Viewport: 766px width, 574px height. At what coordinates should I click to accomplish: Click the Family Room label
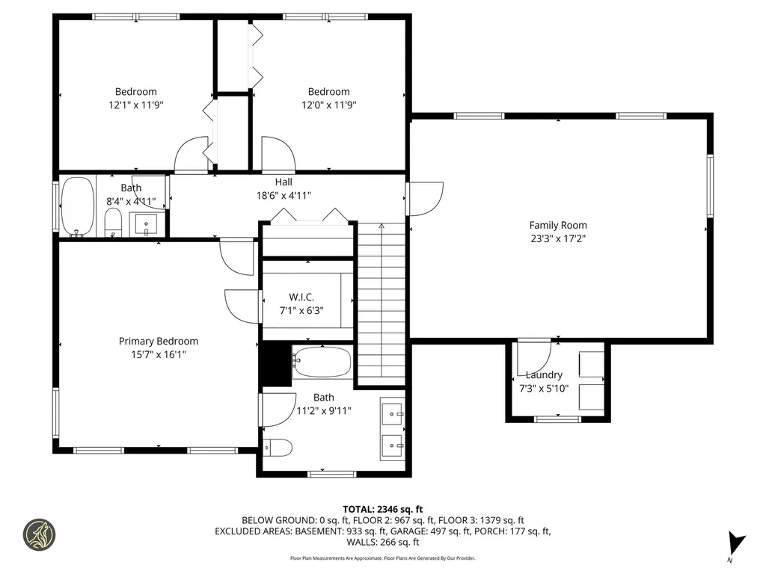(x=558, y=225)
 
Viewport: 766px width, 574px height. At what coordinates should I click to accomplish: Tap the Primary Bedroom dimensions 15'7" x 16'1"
(x=159, y=355)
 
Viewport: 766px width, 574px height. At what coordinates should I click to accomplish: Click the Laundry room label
(x=543, y=374)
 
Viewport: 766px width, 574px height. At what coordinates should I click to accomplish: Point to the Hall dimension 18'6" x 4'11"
(x=284, y=195)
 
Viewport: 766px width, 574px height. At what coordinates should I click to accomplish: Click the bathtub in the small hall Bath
(x=77, y=206)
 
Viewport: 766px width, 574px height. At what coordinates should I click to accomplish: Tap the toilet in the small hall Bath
(x=113, y=221)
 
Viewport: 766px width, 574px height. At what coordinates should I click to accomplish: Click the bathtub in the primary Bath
(x=322, y=362)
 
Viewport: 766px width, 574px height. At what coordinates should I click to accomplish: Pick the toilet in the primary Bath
(x=278, y=447)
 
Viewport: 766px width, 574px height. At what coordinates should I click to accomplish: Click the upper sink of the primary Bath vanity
(x=392, y=413)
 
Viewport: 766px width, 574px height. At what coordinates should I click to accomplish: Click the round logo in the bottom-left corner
(x=39, y=534)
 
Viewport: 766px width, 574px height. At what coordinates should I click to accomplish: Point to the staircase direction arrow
(x=381, y=225)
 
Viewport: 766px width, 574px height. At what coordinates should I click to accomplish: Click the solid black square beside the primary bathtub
(x=274, y=363)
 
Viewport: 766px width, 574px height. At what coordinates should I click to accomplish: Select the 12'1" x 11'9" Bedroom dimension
(x=136, y=105)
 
